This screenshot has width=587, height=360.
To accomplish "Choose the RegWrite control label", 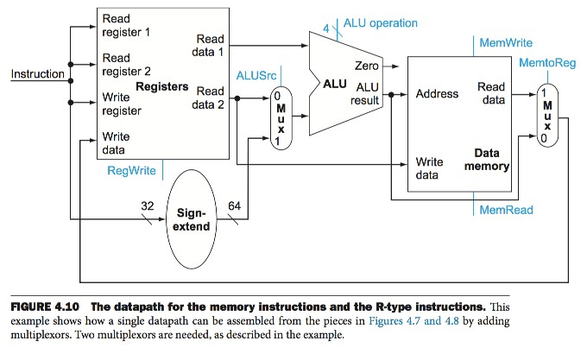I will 131,170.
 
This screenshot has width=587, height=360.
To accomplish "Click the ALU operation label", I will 380,22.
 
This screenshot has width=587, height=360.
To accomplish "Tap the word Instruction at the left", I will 36,74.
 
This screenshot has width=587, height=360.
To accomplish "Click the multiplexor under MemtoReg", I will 546,117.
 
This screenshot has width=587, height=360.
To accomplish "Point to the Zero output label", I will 366,66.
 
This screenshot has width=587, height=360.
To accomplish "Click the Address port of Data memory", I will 437,93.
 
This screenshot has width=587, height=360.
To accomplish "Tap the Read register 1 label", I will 126,25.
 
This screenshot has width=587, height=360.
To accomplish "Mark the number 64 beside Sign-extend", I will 234,205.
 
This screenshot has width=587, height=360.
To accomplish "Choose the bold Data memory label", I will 489,160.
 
